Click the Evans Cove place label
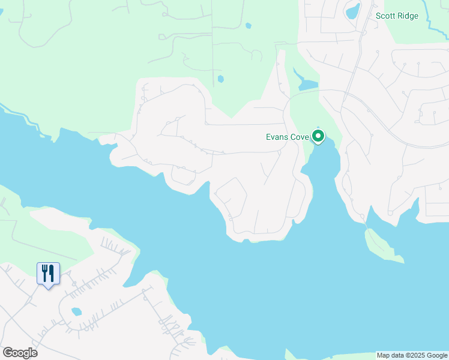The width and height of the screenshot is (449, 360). coord(287,137)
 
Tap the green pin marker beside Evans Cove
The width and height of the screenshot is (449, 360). coord(319,137)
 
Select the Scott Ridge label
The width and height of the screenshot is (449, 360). coord(397,16)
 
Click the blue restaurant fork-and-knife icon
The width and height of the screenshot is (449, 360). coord(47,273)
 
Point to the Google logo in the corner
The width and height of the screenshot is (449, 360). coord(20,353)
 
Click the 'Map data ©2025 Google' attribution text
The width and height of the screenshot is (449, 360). coord(412,355)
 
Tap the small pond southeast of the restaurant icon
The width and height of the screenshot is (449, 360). coord(76,312)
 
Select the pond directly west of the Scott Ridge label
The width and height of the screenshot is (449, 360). coord(352,11)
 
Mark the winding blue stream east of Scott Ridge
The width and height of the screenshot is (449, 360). coord(434,18)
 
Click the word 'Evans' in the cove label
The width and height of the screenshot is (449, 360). coord(278,137)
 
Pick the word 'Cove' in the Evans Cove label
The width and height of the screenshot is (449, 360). coord(300,137)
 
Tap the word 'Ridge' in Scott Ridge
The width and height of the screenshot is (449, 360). coord(408,16)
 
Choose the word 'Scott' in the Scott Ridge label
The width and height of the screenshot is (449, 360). coord(385,16)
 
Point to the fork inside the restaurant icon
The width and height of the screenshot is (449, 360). coord(44,273)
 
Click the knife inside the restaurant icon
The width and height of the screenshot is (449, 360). coord(51,273)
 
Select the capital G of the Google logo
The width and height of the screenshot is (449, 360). coord(8,353)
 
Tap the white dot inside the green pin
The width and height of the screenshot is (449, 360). coord(319,136)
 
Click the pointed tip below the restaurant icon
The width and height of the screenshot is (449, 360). coord(47,287)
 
